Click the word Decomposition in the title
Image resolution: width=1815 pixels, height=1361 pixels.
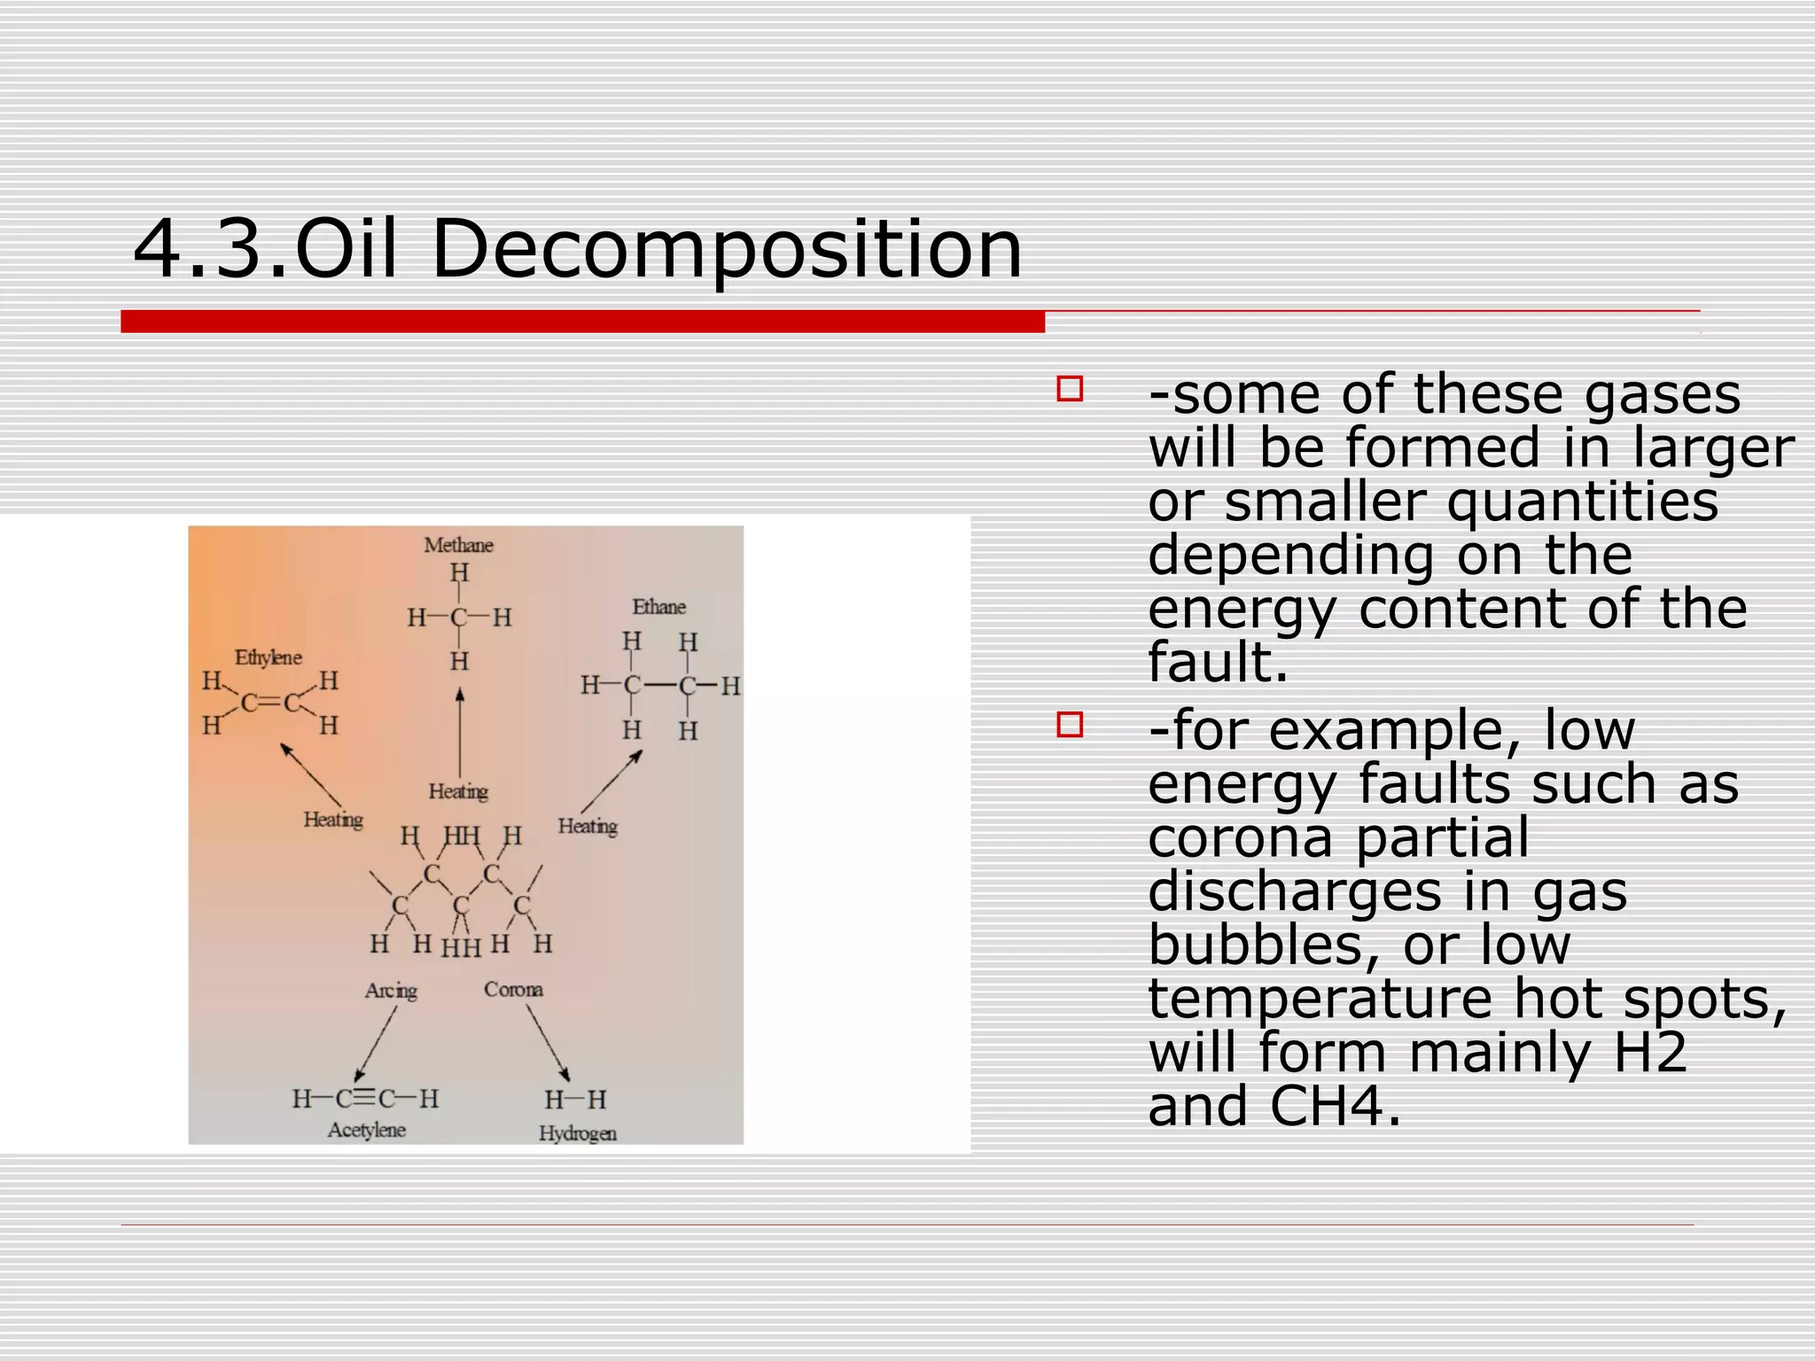pyautogui.click(x=727, y=250)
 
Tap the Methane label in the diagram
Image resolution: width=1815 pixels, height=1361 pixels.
pyautogui.click(x=458, y=545)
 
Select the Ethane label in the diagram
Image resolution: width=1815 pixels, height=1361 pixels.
pyautogui.click(x=658, y=607)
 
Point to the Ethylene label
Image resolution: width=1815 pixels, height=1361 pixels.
pyautogui.click(x=268, y=657)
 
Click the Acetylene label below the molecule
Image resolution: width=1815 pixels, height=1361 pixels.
pyautogui.click(x=367, y=1131)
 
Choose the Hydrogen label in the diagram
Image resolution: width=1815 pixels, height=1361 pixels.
pyautogui.click(x=578, y=1133)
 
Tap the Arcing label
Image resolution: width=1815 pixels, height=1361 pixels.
pyautogui.click(x=391, y=991)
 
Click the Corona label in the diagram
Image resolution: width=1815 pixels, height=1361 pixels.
pyautogui.click(x=513, y=990)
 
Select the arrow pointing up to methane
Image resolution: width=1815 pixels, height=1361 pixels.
pyautogui.click(x=459, y=732)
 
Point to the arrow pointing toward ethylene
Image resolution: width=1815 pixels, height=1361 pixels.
pyautogui.click(x=311, y=774)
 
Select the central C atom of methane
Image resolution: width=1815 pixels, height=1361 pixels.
pyautogui.click(x=458, y=618)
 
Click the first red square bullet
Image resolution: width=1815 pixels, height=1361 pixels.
pyautogui.click(x=1070, y=389)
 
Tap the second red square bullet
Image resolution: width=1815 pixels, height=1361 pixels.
pyautogui.click(x=1070, y=725)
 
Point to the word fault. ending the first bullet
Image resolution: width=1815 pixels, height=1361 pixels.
pyautogui.click(x=1218, y=663)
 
